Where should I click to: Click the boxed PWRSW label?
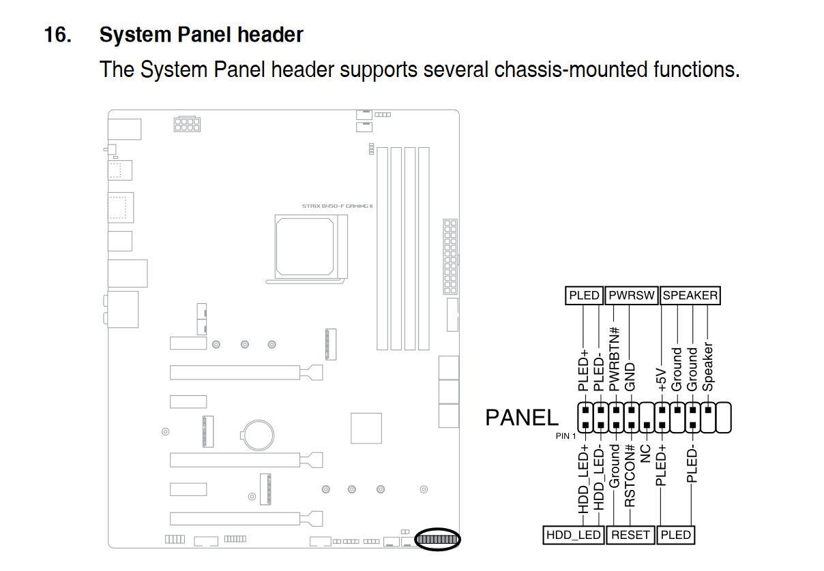(632, 295)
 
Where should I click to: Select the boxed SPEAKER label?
(690, 295)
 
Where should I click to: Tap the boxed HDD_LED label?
(574, 535)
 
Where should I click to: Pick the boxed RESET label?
(630, 535)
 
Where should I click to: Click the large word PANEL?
(521, 417)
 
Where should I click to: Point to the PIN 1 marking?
(565, 435)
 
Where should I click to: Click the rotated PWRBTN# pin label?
(615, 358)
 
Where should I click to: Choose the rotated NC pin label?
(645, 454)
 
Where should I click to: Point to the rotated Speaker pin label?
(708, 367)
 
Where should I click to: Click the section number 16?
(58, 35)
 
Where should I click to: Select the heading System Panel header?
(201, 35)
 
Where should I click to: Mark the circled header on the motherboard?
(437, 540)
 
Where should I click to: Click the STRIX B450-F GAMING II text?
(337, 206)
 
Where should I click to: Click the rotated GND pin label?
(630, 377)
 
